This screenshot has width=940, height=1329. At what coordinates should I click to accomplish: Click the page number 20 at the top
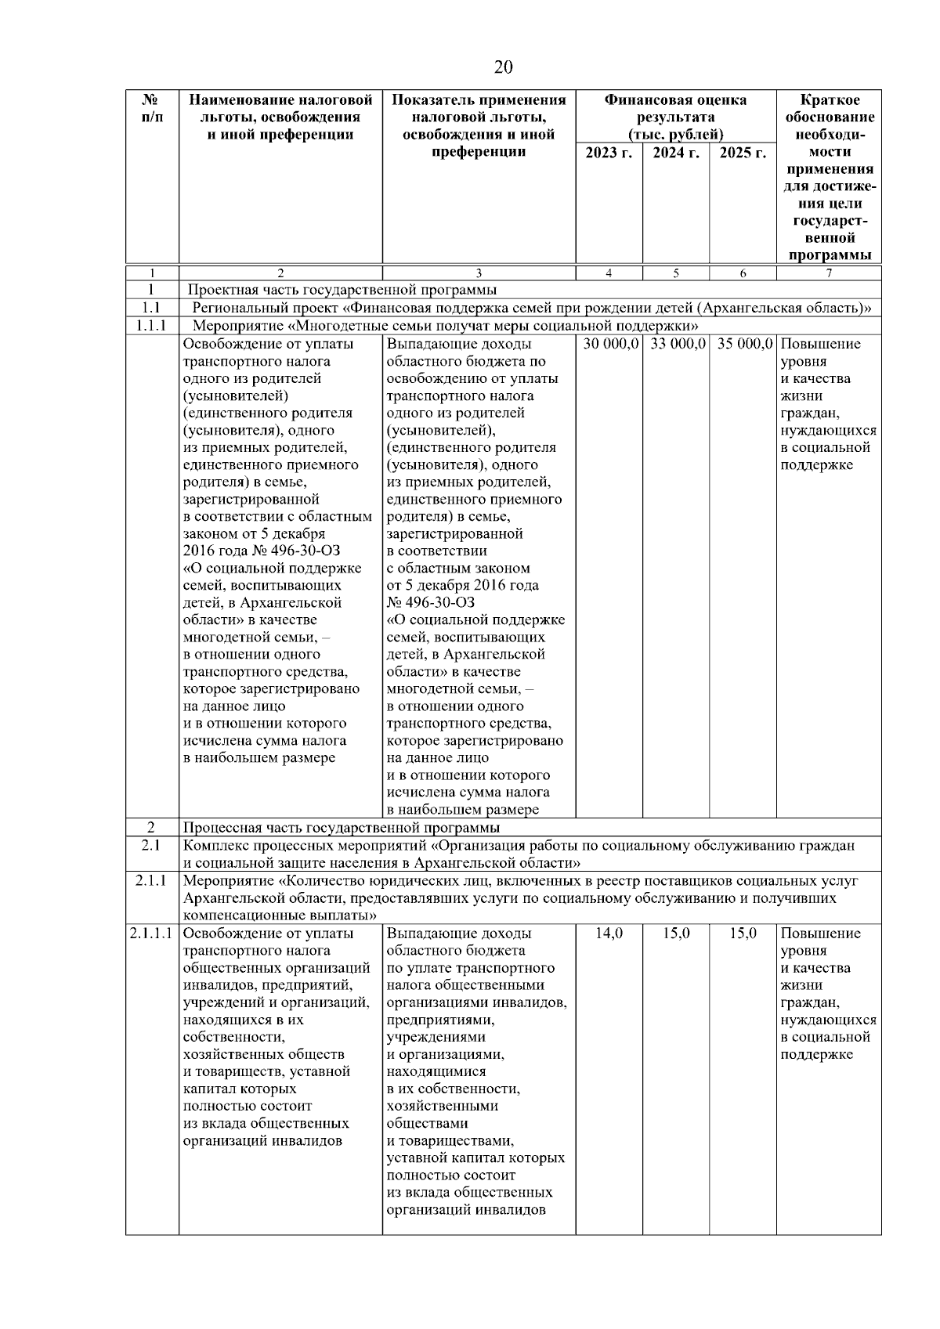[503, 67]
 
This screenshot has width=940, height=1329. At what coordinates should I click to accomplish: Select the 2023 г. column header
[609, 153]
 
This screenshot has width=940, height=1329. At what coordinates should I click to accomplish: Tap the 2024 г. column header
[675, 153]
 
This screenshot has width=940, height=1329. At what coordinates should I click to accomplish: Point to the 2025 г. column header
[742, 153]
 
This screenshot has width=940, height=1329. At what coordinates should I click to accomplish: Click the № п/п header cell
[152, 109]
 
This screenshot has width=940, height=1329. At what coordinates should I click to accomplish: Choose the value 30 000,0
[610, 344]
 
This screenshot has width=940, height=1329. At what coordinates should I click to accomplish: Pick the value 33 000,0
[677, 344]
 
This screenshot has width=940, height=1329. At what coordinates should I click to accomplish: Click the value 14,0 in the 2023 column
[609, 933]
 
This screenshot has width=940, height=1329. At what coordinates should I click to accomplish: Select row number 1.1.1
[152, 325]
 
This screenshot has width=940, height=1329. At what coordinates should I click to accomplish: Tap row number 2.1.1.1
[152, 933]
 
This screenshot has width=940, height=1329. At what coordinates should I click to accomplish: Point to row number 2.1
[151, 845]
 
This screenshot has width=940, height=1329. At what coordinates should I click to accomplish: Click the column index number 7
[829, 273]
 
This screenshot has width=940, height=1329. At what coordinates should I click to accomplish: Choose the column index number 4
[609, 273]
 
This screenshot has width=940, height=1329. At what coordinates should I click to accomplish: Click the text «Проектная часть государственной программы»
[342, 291]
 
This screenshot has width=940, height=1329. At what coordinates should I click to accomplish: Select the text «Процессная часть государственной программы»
[342, 828]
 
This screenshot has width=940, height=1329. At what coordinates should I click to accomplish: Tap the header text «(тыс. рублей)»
[675, 135]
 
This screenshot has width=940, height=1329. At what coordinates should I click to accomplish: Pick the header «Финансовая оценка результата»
[675, 109]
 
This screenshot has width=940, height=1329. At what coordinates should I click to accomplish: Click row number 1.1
[151, 308]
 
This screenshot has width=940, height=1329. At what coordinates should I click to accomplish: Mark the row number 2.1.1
[151, 881]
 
